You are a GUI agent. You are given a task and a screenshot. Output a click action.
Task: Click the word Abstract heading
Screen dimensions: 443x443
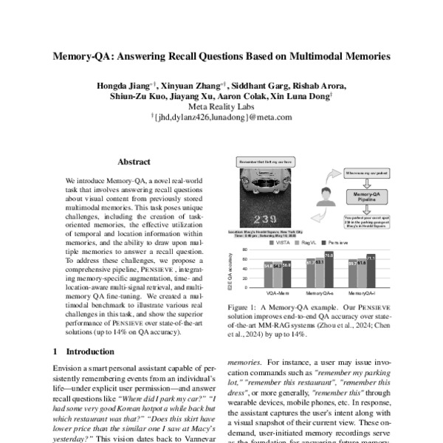pyautogui.click(x=134, y=162)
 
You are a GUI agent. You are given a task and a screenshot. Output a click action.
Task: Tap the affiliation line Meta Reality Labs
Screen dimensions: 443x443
pyautogui.click(x=221, y=106)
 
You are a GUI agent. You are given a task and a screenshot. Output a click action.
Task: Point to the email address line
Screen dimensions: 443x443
pyautogui.click(x=221, y=117)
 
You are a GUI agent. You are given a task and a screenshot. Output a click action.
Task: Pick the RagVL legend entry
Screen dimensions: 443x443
pyautogui.click(x=311, y=242)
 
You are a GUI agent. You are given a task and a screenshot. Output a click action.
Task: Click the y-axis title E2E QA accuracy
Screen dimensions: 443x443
pyautogui.click(x=230, y=271)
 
